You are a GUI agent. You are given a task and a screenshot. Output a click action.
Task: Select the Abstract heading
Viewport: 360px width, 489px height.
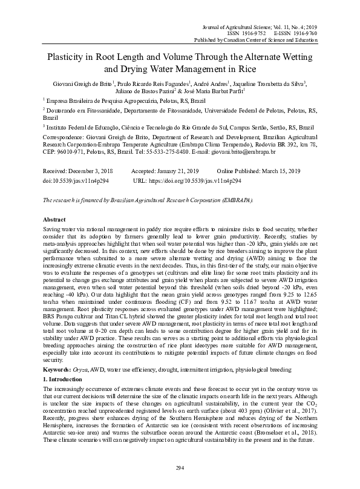[55, 218]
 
